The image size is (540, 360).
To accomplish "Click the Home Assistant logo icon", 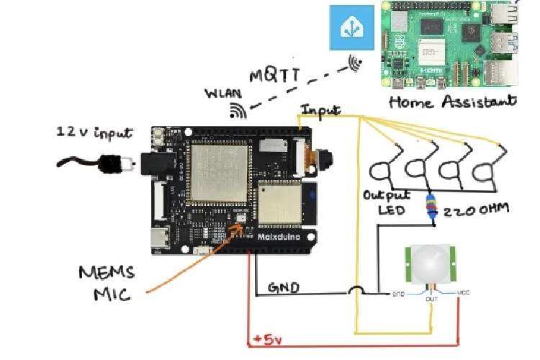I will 354,27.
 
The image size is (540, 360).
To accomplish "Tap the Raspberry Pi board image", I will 449,44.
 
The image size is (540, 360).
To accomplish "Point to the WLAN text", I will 223,94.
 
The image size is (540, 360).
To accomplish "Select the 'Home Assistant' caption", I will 453,102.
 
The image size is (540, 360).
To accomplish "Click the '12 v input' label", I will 94,132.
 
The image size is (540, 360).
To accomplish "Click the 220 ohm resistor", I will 433,207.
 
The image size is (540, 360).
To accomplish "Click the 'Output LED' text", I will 387,202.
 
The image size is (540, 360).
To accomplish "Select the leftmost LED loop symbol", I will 383,170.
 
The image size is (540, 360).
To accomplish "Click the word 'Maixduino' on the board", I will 276,235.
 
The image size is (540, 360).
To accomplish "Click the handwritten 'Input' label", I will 321,111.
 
